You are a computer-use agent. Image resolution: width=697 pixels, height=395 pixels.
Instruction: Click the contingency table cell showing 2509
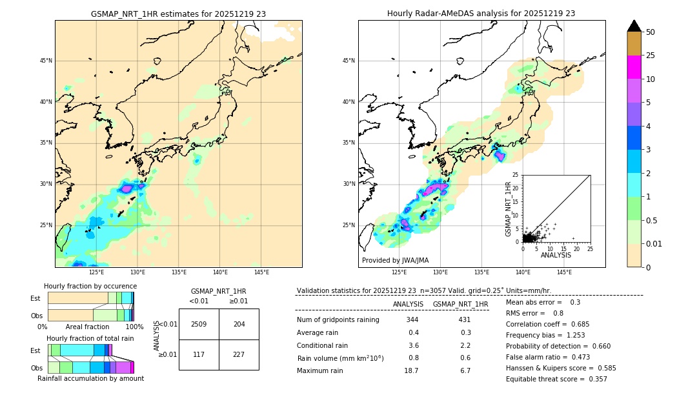click(x=199, y=324)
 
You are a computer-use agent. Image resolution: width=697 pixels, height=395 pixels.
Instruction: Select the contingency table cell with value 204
click(x=239, y=324)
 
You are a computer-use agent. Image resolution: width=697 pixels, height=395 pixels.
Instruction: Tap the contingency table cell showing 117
click(x=199, y=354)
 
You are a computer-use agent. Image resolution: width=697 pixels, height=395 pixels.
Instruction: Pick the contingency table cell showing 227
click(x=239, y=354)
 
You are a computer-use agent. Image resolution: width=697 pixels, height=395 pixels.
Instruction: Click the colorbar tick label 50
click(x=651, y=32)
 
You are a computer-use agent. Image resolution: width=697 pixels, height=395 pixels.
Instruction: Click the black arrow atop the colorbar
click(x=634, y=26)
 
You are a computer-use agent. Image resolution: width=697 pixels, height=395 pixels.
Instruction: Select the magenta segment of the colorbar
click(x=634, y=67)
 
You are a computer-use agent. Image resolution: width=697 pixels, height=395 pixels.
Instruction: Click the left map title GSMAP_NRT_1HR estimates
click(x=178, y=14)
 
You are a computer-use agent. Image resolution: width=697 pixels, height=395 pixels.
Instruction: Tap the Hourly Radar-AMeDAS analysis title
click(x=481, y=14)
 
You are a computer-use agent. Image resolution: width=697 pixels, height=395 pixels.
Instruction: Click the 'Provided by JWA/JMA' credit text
click(x=395, y=260)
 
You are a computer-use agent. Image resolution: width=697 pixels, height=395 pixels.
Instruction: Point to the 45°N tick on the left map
click(x=46, y=61)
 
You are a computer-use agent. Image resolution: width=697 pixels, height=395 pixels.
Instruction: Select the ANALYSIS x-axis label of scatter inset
click(x=556, y=255)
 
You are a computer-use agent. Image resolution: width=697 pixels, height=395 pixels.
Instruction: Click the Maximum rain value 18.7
click(x=411, y=370)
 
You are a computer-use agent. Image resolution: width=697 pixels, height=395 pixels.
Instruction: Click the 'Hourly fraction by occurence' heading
click(x=90, y=286)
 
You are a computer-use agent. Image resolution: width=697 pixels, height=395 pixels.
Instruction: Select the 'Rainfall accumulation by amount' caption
click(x=90, y=378)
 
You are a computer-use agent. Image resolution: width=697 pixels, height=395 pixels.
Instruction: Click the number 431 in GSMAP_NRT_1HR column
click(x=464, y=319)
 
